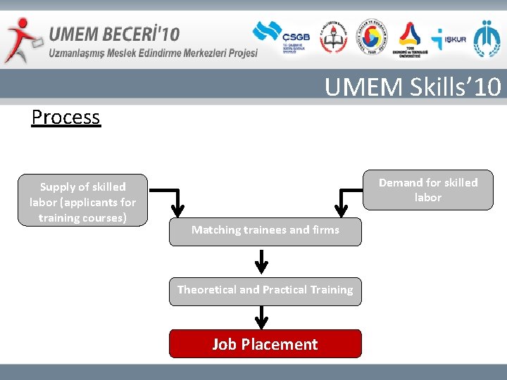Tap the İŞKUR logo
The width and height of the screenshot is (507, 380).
pos(449,39)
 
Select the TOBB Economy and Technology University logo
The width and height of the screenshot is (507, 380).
pos(409,39)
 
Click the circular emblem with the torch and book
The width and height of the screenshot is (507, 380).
pos(334,39)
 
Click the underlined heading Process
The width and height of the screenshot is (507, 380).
pos(65,117)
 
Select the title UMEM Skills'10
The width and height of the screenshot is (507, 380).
pos(413,87)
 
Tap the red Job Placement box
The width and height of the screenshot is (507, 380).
pos(265,344)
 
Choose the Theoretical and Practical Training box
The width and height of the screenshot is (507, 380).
pos(265,291)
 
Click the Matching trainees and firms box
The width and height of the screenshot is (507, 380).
pos(265,231)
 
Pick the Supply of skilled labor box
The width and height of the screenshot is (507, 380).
pos(82,201)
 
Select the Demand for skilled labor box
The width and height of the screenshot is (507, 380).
pos(427,190)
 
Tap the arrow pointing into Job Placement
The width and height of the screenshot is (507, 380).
pos(261,318)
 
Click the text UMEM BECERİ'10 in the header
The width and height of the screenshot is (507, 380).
pos(114,33)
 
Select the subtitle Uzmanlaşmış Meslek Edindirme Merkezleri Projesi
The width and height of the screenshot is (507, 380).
pos(153,53)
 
